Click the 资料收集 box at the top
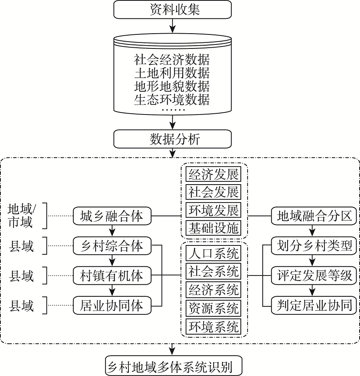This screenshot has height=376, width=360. click(x=173, y=10)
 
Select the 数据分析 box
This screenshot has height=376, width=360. click(x=173, y=139)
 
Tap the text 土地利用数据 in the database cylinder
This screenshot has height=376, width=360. click(x=172, y=73)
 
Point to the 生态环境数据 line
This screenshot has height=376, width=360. click(x=172, y=99)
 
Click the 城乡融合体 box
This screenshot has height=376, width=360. click(x=112, y=217)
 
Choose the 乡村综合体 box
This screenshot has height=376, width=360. click(x=112, y=246)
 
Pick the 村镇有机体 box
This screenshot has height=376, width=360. click(x=112, y=276)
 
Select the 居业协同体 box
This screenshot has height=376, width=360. click(x=112, y=306)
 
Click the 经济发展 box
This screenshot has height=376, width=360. click(x=214, y=174)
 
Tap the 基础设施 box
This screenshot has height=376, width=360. click(x=214, y=228)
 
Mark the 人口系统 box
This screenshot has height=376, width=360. click(x=214, y=253)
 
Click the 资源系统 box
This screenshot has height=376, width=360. click(x=214, y=308)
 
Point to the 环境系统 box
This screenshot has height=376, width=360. click(x=214, y=326)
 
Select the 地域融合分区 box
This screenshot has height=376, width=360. click(x=314, y=217)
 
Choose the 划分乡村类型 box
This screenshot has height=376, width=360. click(x=314, y=246)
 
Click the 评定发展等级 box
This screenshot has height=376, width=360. click(x=314, y=276)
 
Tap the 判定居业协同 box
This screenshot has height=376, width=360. click(x=314, y=306)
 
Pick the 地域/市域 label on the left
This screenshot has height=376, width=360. click(x=22, y=215)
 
